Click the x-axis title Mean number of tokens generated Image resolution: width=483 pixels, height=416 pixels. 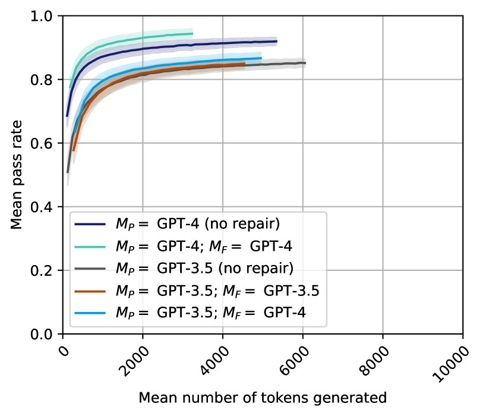coord(263,396)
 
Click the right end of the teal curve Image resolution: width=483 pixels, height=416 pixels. coord(192,33)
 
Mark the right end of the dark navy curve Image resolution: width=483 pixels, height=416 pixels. coord(277,41)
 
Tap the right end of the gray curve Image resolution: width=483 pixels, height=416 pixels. coord(305,63)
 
